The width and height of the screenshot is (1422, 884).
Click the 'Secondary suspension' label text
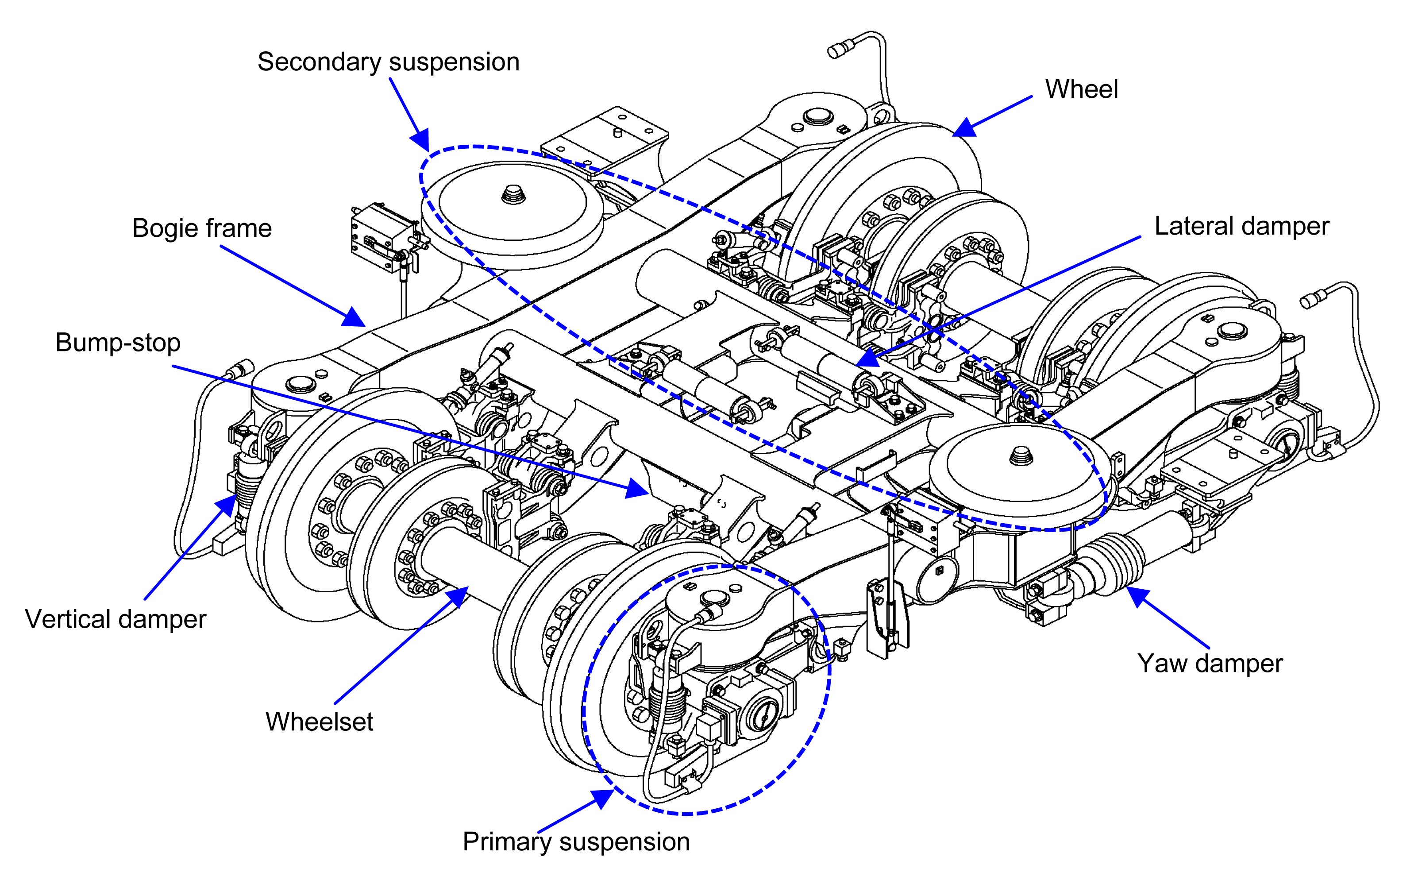pos(388,62)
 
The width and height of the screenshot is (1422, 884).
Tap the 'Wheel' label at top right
pos(1081,89)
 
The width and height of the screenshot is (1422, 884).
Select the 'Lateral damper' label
pos(1241,227)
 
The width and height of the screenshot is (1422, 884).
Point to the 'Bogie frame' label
pos(202,228)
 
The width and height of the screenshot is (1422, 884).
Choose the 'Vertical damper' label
pos(115,619)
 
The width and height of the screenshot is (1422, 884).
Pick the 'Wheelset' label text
pos(319,722)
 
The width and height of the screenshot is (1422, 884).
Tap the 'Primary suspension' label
pos(576,842)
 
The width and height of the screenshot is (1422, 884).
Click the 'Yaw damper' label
pos(1210,663)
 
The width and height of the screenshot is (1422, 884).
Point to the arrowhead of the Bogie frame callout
pos(355,318)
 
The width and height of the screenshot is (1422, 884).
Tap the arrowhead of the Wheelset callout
pos(459,596)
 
